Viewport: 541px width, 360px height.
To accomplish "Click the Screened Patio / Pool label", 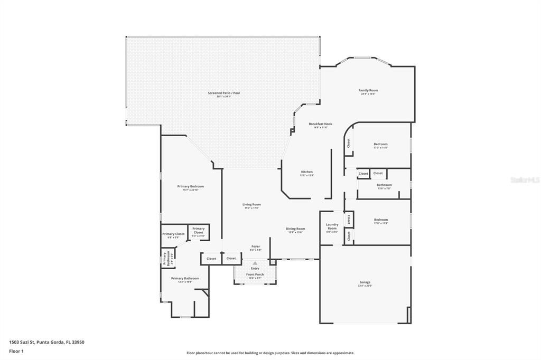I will (224, 93).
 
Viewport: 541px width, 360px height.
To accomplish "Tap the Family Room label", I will (368, 90).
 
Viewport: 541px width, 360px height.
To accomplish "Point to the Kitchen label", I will (307, 172).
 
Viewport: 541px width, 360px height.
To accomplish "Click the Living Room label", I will (252, 204).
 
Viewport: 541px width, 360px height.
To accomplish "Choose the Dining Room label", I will (295, 229).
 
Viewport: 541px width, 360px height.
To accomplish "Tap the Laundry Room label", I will (332, 226).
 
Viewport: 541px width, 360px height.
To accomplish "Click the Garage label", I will (365, 282).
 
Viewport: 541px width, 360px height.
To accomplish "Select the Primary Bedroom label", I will (190, 186).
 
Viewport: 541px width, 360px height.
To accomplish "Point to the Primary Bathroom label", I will (185, 278).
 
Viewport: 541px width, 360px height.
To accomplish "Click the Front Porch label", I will (255, 274).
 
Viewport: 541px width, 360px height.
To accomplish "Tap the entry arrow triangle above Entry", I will (255, 263).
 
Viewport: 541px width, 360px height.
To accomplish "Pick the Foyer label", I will (255, 246).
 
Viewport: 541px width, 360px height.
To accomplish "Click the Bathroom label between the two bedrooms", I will (384, 185).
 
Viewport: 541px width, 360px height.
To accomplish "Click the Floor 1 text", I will (16, 351).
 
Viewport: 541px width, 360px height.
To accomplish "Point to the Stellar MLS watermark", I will (525, 180).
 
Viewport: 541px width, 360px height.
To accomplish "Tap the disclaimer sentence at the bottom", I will (270, 353).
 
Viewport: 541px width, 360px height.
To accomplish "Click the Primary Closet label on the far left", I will (173, 234).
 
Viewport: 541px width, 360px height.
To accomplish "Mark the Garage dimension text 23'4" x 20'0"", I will (365, 286).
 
